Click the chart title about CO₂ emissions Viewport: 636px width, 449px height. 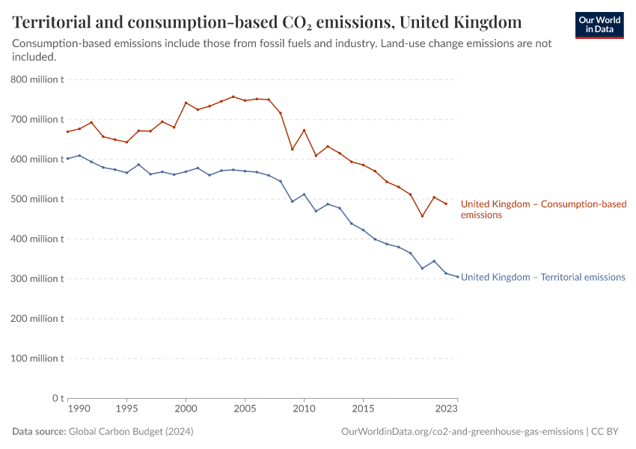coord(267,21)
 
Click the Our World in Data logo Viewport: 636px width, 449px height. coord(599,24)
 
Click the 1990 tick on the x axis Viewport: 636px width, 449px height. coord(79,409)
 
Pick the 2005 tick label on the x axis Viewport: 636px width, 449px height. coord(245,409)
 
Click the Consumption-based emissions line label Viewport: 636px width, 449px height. coord(543,209)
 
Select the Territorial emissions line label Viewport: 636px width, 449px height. coord(542,277)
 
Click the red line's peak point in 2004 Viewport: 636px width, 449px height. coord(233,97)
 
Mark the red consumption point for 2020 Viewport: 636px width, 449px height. coord(422,216)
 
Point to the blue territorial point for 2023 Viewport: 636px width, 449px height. coord(457,277)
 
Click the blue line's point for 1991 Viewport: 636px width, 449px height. coord(79,156)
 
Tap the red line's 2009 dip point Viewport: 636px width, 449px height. coord(292,149)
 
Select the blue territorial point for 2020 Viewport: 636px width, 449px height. coord(422,268)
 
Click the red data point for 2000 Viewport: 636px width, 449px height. coord(186,103)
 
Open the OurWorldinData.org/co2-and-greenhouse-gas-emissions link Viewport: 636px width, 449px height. coord(462,432)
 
